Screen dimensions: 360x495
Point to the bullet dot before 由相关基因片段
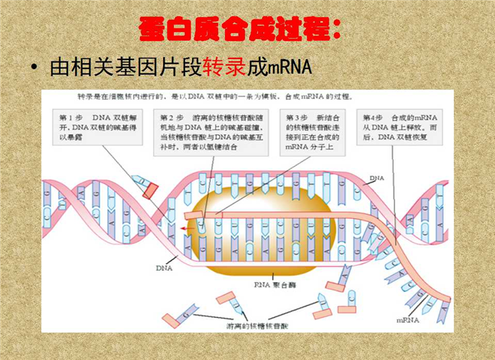click(35, 68)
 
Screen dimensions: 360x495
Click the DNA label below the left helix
click(165, 267)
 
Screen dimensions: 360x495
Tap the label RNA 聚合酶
click(274, 284)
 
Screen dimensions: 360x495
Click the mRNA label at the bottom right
click(408, 319)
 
